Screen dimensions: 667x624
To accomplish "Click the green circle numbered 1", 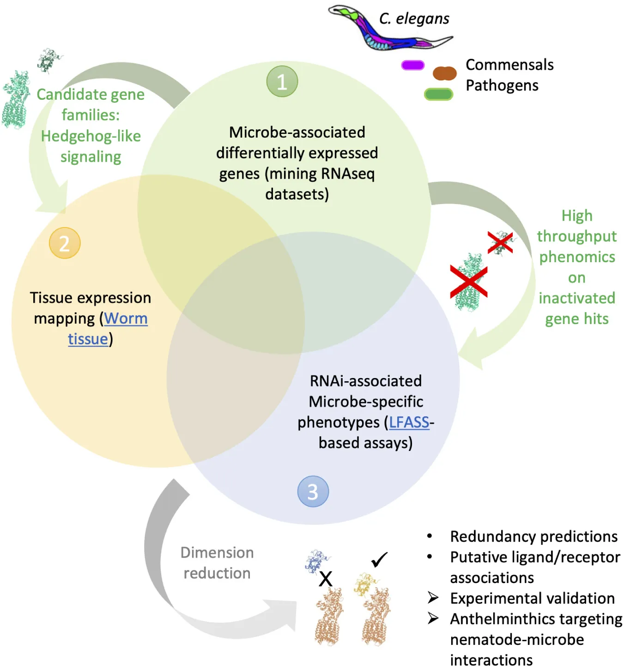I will (x=282, y=82).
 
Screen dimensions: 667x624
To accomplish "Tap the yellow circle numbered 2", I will (x=65, y=243).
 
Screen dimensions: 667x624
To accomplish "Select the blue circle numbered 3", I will (x=313, y=492).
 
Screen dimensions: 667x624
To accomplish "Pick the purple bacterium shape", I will (x=412, y=65).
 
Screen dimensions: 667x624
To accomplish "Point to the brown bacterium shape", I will (x=444, y=73).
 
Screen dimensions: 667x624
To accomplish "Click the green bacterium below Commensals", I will (x=438, y=94).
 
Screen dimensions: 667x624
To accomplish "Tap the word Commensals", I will (x=509, y=65).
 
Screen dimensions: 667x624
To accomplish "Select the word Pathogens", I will (x=502, y=85).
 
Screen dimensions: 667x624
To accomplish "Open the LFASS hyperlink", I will (x=409, y=422).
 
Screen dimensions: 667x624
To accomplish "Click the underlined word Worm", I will (x=126, y=318).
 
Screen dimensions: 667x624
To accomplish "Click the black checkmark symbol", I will (x=379, y=559).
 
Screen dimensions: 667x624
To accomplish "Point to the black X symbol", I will (x=326, y=578).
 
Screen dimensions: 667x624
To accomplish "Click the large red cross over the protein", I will (x=468, y=281).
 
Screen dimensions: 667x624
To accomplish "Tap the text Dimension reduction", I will (x=217, y=563).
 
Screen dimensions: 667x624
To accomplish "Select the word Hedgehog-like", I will (x=91, y=136).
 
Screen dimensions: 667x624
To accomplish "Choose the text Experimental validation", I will (x=532, y=598).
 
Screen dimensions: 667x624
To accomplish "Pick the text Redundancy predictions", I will (x=533, y=536).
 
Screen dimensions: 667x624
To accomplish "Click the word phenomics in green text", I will (x=577, y=257).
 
